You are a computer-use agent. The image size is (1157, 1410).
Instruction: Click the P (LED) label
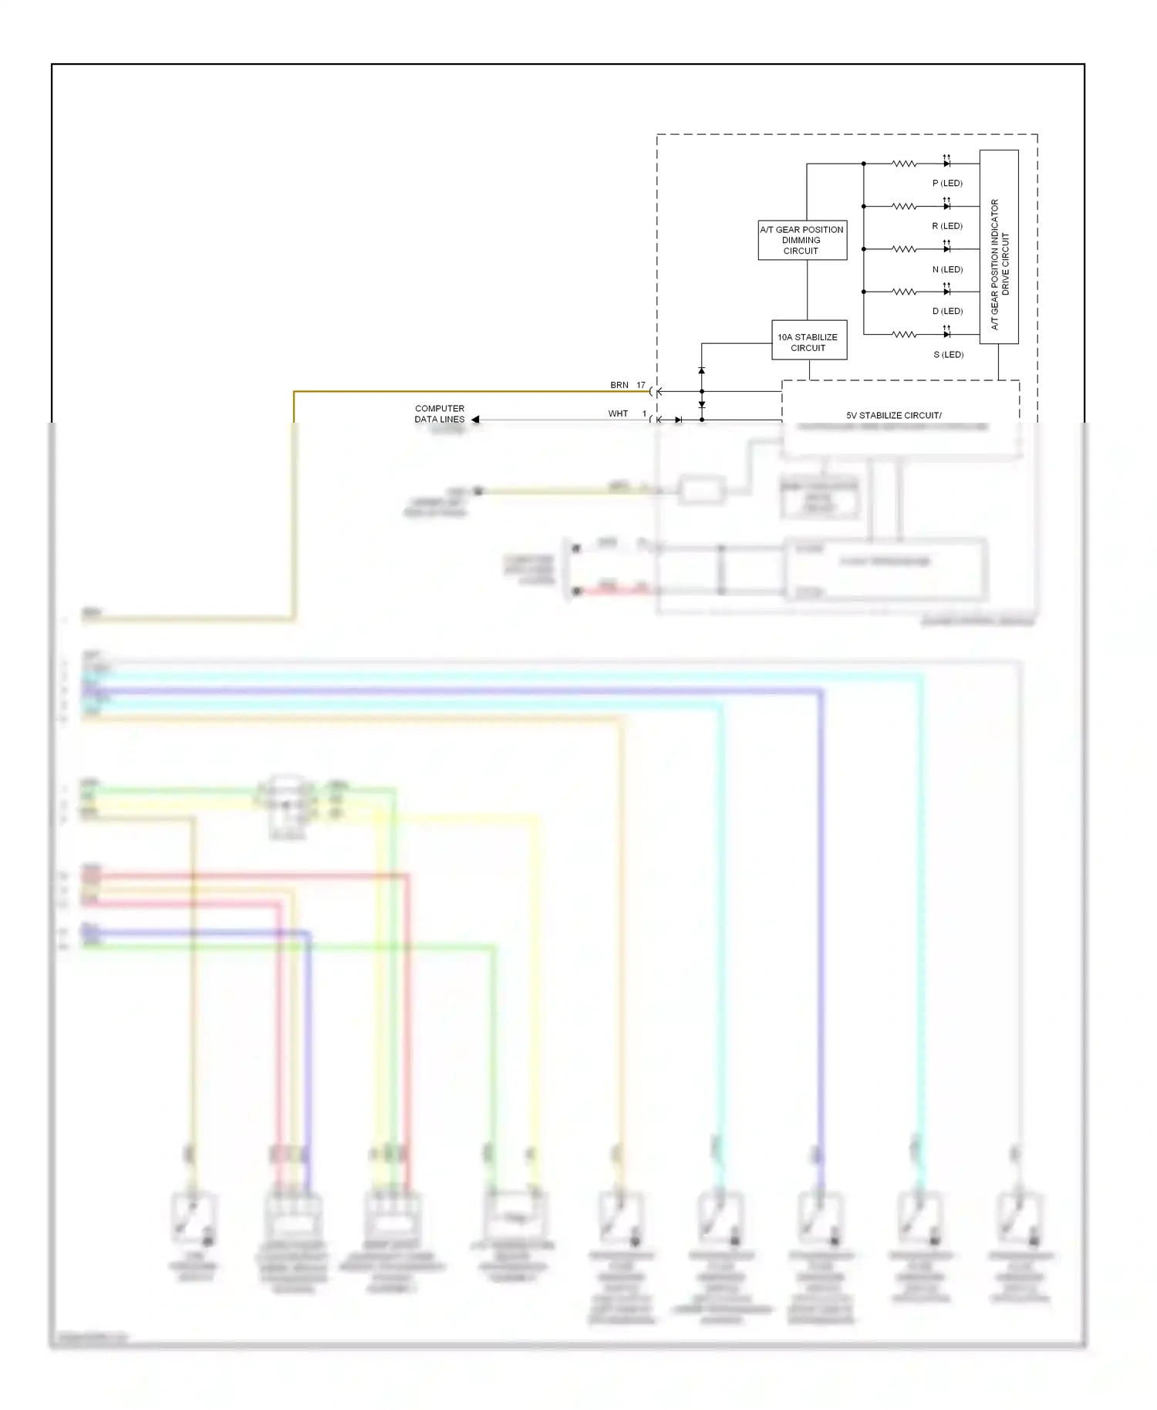(x=947, y=184)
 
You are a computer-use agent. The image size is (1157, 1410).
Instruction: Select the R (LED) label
(x=947, y=226)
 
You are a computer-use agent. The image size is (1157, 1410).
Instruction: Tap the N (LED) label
(x=947, y=269)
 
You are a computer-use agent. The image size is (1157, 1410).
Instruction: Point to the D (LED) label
(x=947, y=312)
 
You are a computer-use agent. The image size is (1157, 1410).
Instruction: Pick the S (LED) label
(x=948, y=355)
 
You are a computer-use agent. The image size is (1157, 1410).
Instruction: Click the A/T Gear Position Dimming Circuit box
(x=802, y=240)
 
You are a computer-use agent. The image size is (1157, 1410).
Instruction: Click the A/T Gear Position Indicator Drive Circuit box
(x=999, y=247)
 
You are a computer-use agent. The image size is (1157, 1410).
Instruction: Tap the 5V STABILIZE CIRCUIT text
(x=893, y=415)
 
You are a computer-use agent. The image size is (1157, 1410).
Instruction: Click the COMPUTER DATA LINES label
(x=440, y=414)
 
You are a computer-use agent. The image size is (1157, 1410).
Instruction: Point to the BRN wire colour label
(x=619, y=385)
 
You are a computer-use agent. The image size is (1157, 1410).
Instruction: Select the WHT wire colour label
(x=618, y=413)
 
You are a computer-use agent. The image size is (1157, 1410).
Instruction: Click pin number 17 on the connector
(x=641, y=385)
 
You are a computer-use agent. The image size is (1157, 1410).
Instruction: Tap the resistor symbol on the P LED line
(x=903, y=164)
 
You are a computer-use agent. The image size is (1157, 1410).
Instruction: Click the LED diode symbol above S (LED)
(x=946, y=334)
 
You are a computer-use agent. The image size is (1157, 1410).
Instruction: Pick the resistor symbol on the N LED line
(x=903, y=249)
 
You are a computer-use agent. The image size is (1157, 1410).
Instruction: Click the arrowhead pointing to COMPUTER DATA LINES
(x=475, y=420)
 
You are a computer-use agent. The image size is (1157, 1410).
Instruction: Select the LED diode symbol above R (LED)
(x=946, y=206)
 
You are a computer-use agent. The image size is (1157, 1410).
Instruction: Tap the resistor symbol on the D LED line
(x=903, y=292)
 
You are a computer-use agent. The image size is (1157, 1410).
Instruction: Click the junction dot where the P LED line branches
(x=863, y=164)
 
